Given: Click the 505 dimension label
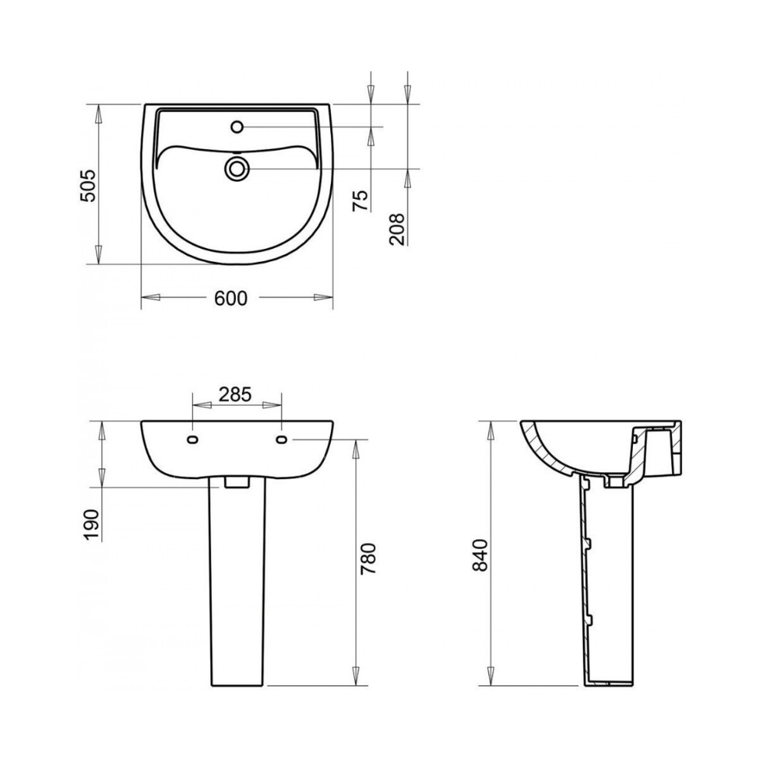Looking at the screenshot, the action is (88, 186).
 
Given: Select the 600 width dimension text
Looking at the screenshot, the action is (231, 298).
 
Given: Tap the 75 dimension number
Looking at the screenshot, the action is (360, 200).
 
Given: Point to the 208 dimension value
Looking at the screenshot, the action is (397, 229).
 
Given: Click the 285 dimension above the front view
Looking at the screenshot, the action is (235, 394).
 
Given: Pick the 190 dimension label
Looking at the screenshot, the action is (91, 525).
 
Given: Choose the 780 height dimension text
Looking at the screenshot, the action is (368, 559).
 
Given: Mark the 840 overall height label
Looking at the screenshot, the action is (482, 555).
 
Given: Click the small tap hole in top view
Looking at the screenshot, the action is (237, 127).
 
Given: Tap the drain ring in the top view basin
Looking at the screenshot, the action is (237, 168).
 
